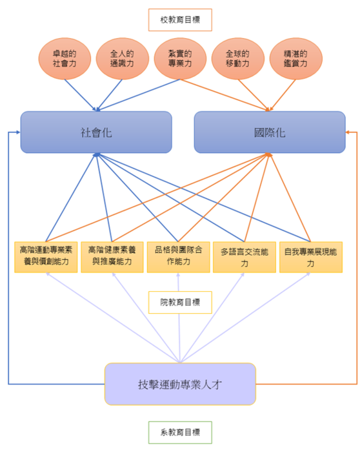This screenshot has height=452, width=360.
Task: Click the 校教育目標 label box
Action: [x=179, y=20]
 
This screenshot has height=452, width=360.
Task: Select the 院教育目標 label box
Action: [x=179, y=302]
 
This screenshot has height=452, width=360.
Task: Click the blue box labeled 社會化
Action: [x=96, y=132]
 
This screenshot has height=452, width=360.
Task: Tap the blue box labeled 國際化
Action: [x=270, y=132]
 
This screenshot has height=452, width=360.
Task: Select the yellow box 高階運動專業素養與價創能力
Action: [x=46, y=256]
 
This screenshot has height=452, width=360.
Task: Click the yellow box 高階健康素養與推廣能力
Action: [x=112, y=256]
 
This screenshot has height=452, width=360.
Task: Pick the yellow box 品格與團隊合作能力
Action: [x=178, y=256]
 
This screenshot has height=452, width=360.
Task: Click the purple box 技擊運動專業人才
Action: [x=180, y=384]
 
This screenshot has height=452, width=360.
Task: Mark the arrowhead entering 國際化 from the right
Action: [x=349, y=132]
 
